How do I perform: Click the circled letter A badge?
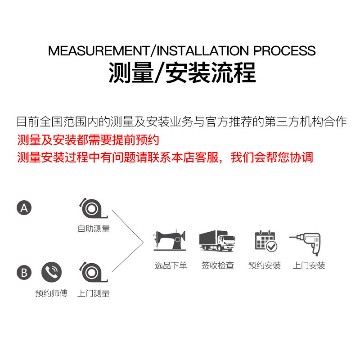[x=24, y=207]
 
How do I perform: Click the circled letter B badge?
[x=24, y=272]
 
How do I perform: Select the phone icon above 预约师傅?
[x=51, y=272]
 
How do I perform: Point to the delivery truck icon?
[x=217, y=241]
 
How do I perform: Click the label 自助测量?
[x=94, y=229]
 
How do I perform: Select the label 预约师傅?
[x=51, y=293]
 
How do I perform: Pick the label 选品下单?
[x=171, y=265]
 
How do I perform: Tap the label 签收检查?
[x=218, y=265]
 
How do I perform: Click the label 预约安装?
[x=265, y=265]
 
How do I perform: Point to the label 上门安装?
[x=309, y=265]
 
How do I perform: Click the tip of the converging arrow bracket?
[x=143, y=241]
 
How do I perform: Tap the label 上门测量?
[x=94, y=293]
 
